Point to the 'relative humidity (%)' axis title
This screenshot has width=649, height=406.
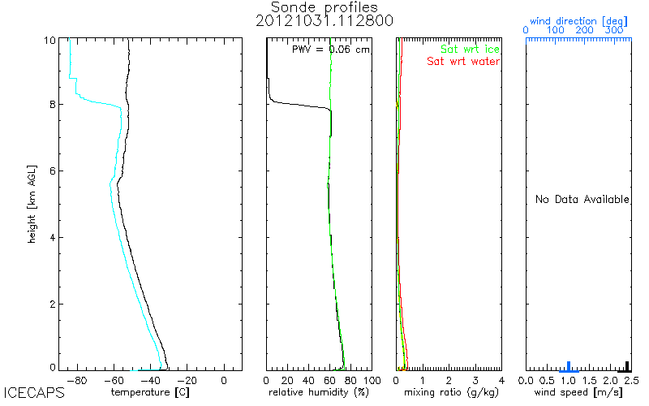(x=320, y=393)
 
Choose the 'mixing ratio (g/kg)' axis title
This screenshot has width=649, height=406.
(x=449, y=393)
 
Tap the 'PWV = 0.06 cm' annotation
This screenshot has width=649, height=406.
(x=330, y=50)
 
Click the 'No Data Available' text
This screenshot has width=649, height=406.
(x=582, y=200)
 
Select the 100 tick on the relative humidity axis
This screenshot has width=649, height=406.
(x=372, y=379)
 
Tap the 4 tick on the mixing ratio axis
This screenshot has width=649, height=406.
(x=501, y=379)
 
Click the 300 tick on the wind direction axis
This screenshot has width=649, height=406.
(x=615, y=30)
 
